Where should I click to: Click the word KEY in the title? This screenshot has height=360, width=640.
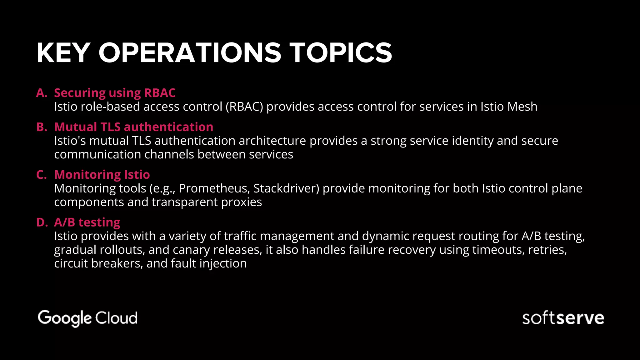(x=64, y=53)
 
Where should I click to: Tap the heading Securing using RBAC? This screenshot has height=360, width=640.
(x=115, y=93)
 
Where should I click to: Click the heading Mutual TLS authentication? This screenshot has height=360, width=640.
(x=134, y=127)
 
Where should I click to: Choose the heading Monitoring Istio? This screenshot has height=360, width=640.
(x=102, y=174)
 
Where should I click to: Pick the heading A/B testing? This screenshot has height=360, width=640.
(x=87, y=222)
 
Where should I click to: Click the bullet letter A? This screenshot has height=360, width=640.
(x=42, y=93)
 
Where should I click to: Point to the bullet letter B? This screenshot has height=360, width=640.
(x=42, y=127)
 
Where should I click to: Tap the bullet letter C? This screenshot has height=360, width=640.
(x=42, y=174)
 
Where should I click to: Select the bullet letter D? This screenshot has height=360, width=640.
(x=42, y=222)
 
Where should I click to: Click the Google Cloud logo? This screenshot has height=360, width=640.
(x=88, y=318)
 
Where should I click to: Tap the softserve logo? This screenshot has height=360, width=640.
(x=563, y=318)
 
